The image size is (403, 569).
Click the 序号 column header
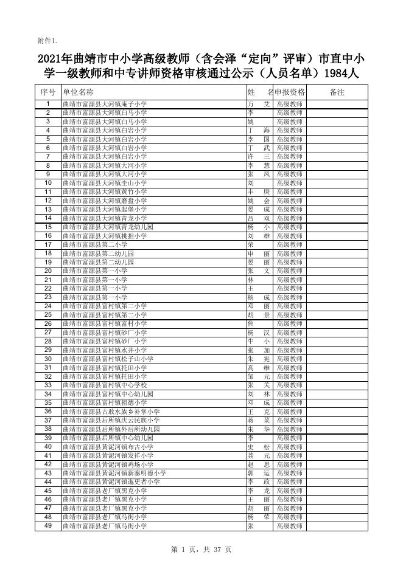tap(47, 92)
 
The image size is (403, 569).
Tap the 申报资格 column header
tap(289, 92)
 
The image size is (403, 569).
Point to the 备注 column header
tap(337, 92)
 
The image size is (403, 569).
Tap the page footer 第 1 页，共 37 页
tap(201, 550)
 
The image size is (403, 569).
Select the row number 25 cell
tap(47, 315)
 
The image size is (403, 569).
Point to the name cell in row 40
tap(258, 447)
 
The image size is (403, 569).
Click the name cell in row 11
tap(258, 192)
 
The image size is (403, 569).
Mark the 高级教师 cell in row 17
tap(289, 244)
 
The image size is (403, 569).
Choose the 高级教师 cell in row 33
tap(289, 385)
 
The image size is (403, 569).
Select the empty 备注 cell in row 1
tap(337, 105)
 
